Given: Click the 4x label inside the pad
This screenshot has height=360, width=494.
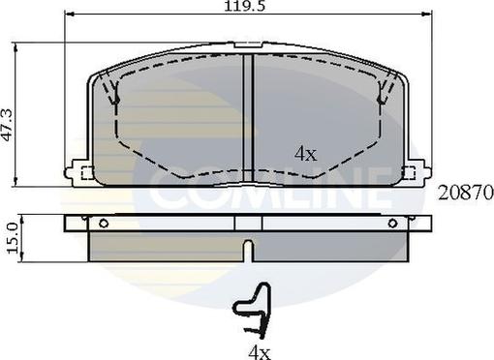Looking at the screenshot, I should (x=306, y=153).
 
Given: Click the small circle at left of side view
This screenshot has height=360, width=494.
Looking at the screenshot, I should (x=103, y=223).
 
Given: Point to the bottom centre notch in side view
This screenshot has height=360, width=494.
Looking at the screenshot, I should (x=249, y=252).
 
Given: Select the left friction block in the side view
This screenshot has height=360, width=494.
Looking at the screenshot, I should (x=165, y=248).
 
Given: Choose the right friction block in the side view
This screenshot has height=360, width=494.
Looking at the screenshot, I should (x=334, y=248).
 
